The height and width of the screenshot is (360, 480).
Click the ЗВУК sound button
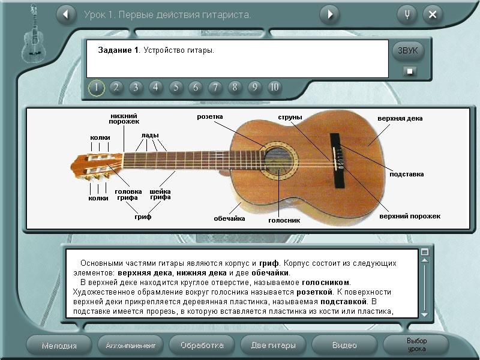point(408,50)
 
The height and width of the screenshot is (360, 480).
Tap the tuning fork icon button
point(407,14)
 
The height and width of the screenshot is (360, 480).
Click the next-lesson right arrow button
point(329,14)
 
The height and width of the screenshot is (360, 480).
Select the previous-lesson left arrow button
point(66,14)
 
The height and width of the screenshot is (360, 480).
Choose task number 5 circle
point(176,88)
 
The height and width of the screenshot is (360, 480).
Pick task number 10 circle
point(275,88)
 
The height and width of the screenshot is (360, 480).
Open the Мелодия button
point(59,346)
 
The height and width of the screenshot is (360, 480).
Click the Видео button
point(344,346)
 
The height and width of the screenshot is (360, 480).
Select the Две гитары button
point(273,346)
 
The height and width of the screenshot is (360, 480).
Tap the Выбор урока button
point(416,345)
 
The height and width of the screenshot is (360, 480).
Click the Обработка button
point(202,346)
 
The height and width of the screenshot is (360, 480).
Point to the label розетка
point(209,116)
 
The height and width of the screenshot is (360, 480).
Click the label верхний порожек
point(410,216)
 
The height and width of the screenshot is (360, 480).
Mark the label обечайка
point(229,218)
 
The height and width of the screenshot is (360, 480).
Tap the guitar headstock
point(97,166)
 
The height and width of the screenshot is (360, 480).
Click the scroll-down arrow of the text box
point(425,314)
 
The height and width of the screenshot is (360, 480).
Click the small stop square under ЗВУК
point(410,71)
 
